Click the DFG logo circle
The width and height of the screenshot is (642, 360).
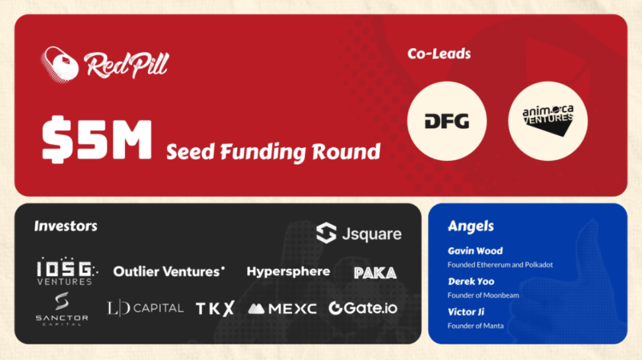pos(446,121)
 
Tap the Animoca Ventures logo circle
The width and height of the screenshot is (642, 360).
pos(548,121)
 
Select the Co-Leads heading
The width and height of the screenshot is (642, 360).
pos(439,54)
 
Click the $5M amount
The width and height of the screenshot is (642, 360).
pos(97,139)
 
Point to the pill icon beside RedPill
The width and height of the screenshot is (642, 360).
pos(60,64)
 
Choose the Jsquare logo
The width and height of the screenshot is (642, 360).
pos(359,233)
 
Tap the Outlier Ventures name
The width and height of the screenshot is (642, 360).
pos(168,271)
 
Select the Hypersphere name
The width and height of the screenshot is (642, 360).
pos(288,271)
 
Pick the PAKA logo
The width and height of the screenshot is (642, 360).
pos(375,273)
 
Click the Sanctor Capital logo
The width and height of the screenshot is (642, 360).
pos(62,308)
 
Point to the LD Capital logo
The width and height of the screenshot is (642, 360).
pos(145,308)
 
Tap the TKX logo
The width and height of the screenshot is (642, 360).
pos(215,308)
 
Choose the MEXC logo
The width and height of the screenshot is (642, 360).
pos(282,308)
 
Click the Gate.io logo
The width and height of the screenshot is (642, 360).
pos(363,308)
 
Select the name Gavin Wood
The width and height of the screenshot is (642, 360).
pos(475,250)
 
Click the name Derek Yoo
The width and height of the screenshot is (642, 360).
pos(471,281)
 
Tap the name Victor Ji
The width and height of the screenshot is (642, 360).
pos(466,312)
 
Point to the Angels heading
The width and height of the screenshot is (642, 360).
pos(471,226)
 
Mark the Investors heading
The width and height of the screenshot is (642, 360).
pos(66,226)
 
